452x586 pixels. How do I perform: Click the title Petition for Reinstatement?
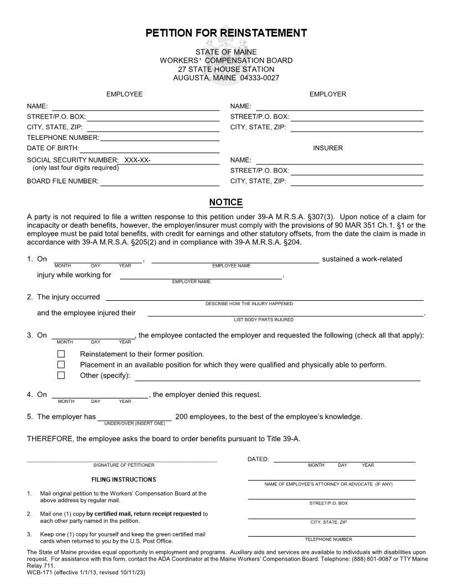pyautogui.click(x=226, y=33)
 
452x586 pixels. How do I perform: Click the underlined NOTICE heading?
pyautogui.click(x=226, y=203)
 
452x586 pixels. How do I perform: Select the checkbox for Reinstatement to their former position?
pyautogui.click(x=61, y=354)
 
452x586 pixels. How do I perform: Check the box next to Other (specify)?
pyautogui.click(x=61, y=376)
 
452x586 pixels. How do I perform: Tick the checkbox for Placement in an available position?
pyautogui.click(x=61, y=365)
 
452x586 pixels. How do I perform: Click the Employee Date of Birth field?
pyautogui.click(x=150, y=149)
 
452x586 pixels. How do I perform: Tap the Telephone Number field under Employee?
pyautogui.click(x=160, y=138)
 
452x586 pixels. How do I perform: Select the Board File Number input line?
pyautogui.click(x=160, y=181)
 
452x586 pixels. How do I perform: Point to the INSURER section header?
pyautogui.click(x=328, y=148)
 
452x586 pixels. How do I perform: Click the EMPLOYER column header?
pyautogui.click(x=328, y=94)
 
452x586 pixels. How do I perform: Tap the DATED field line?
pyautogui.click(x=344, y=459)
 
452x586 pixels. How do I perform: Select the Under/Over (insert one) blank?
pyautogui.click(x=135, y=417)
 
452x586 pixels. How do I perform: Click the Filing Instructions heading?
pyautogui.click(x=124, y=479)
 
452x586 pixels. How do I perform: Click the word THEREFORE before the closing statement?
pyautogui.click(x=50, y=439)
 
